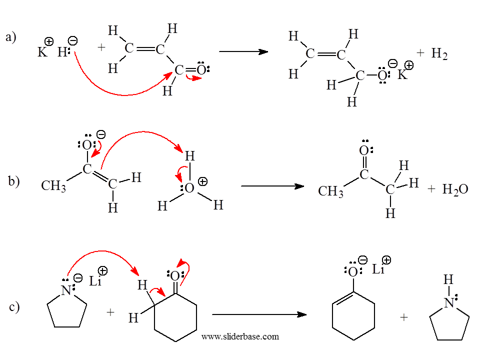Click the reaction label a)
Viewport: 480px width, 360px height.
(10, 37)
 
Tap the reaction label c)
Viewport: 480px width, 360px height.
(14, 306)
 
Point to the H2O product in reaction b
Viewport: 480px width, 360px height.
(455, 189)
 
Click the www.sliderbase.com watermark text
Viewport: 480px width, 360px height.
(240, 336)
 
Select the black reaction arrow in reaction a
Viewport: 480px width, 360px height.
(243, 51)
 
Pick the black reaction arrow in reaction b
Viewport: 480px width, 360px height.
(272, 186)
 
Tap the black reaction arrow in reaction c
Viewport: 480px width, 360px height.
(258, 314)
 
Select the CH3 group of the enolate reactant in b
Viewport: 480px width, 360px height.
(53, 186)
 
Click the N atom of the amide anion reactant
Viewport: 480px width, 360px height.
(66, 289)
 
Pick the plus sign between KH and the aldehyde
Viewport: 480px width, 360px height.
(102, 47)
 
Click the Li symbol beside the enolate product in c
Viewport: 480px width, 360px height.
(378, 269)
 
